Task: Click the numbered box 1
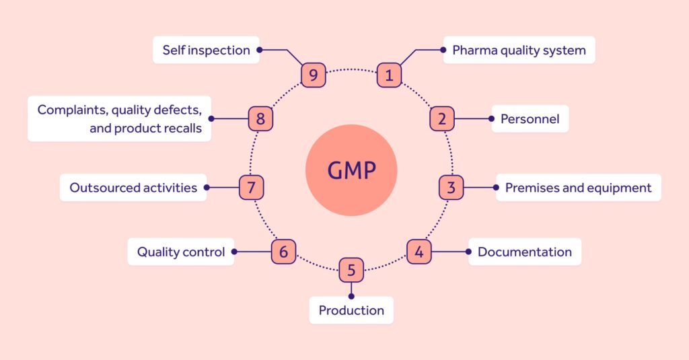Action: coord(388,75)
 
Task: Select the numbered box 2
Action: coord(442,119)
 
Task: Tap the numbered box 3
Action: coord(451,188)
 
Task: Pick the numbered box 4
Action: coord(419,252)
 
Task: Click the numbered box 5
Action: coord(351,271)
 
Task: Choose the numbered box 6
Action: coord(283,252)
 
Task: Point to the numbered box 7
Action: coord(251,188)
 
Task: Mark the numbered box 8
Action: coord(260,119)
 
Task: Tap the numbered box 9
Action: coord(313,75)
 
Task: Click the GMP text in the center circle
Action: coord(351,170)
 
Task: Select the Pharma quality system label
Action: coord(519,50)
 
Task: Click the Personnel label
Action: coord(530,119)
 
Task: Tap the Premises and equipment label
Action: coord(578,188)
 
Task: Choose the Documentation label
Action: coord(525,252)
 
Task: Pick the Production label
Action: coord(351,310)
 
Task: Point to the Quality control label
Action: coord(181,252)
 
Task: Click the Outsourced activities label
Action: coord(133,188)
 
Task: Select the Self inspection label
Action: coord(206,50)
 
